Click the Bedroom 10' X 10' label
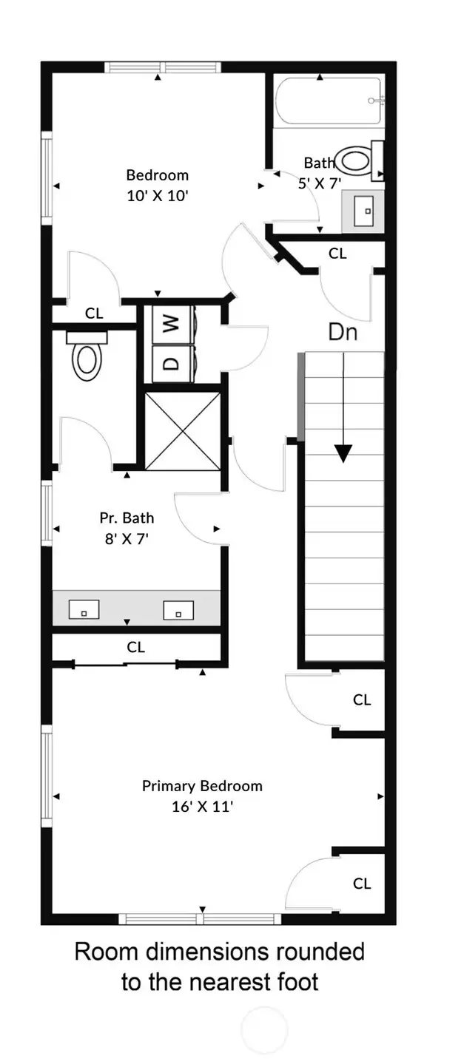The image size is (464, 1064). (157, 185)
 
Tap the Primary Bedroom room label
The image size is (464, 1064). (202, 796)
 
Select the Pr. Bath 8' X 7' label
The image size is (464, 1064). (127, 528)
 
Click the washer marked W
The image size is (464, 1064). (171, 323)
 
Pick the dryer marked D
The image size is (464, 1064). (171, 363)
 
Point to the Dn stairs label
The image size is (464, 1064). (343, 333)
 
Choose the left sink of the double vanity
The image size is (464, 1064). (84, 610)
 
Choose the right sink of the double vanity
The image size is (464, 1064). (178, 610)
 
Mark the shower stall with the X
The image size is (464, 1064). (183, 430)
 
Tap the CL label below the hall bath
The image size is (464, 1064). (337, 254)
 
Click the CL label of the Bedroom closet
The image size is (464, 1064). (94, 313)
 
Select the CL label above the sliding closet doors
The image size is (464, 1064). (135, 647)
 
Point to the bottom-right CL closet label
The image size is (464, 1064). (361, 883)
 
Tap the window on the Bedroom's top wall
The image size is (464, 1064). (163, 67)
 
